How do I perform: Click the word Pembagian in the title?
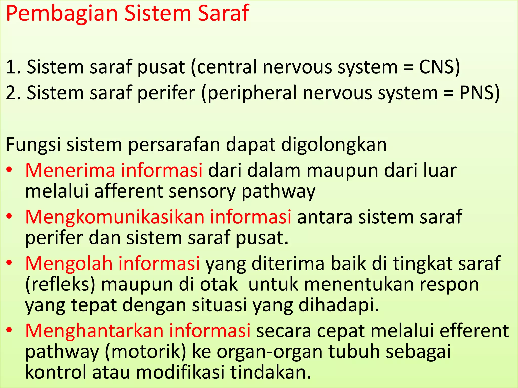tap(62, 14)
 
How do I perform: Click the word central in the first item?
tap(225, 67)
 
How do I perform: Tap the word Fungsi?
tap(33, 145)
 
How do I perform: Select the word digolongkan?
tap(334, 145)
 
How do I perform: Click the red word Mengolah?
tap(69, 263)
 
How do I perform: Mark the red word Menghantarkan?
tap(94, 331)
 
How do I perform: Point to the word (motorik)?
tap(145, 352)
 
